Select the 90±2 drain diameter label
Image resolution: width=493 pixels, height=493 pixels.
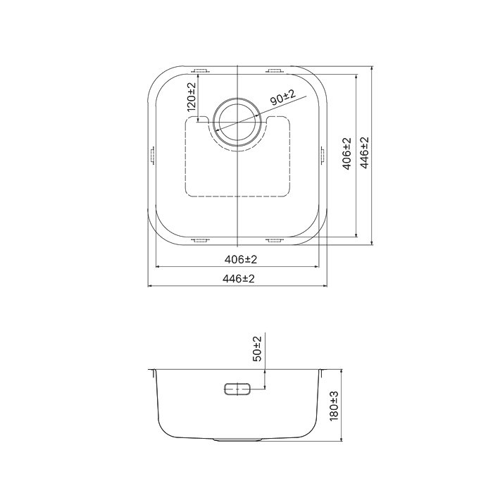point(282,97)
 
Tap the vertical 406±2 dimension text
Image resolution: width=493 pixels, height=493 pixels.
point(347,154)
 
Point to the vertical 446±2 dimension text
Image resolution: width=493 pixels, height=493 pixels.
point(364,153)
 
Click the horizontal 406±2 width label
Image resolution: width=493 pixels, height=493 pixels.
point(241,259)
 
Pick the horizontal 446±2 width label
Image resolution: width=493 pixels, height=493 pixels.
point(238,279)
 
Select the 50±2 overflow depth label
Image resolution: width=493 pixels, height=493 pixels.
point(257,349)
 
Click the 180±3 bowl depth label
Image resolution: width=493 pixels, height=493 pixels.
point(334,406)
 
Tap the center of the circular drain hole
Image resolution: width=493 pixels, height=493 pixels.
point(237,122)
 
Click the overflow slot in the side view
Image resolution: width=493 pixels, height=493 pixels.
point(237,389)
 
